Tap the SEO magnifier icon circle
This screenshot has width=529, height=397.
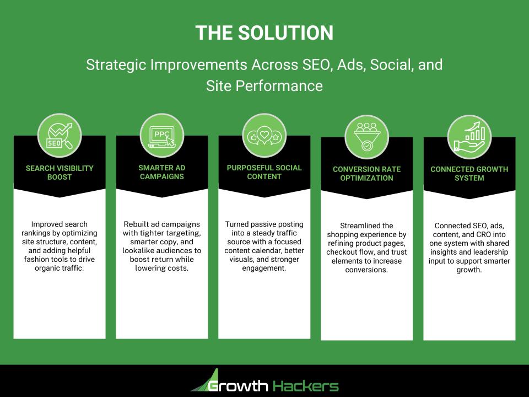click(59, 136)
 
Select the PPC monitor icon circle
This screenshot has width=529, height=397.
click(161, 136)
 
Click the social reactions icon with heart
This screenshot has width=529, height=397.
click(264, 136)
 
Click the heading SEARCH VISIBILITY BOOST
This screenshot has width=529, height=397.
click(59, 173)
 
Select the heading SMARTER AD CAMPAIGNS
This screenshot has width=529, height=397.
click(161, 173)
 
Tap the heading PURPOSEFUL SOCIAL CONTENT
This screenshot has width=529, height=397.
click(264, 172)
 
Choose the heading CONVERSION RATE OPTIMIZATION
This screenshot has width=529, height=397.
click(366, 174)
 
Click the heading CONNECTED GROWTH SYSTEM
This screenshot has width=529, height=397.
click(469, 174)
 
